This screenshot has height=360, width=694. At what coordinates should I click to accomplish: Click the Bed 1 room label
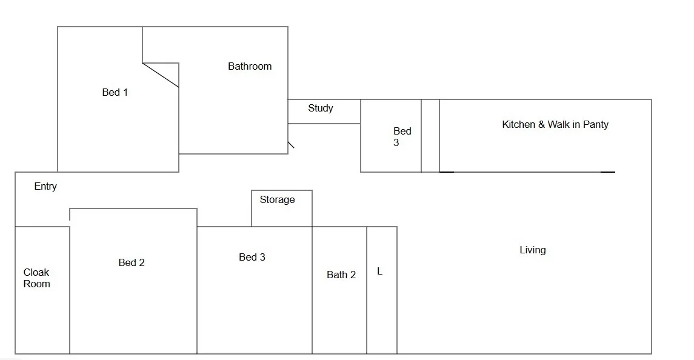coord(115,93)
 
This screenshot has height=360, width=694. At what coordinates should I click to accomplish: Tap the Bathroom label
coord(250,67)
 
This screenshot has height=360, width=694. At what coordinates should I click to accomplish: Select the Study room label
coord(321,108)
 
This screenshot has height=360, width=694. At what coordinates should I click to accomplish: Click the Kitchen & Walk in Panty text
coord(555,125)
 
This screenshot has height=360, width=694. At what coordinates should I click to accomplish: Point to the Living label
coord(533,250)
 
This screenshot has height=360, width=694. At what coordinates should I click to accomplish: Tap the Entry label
coord(45,187)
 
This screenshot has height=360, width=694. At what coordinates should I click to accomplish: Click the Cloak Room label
coord(36,278)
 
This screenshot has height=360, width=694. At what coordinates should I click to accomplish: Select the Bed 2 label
coord(132,263)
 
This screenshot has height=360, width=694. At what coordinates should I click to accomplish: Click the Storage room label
coord(278,200)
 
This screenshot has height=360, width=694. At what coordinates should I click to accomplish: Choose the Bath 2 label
coord(341,275)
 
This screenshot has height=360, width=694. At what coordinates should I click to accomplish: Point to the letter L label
coord(380,272)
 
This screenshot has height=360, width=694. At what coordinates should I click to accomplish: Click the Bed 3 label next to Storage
coord(252,258)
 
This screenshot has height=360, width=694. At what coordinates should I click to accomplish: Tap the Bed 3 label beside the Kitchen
coord(401,137)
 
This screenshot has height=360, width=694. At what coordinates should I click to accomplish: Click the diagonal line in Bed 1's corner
coord(161,75)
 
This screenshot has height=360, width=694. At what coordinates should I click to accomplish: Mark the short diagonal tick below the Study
coord(291,145)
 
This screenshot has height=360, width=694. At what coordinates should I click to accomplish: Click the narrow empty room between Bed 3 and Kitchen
coord(430,136)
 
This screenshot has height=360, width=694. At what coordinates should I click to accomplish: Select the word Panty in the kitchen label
coord(595,125)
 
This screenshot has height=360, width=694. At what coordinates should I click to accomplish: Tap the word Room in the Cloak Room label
coord(37,284)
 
